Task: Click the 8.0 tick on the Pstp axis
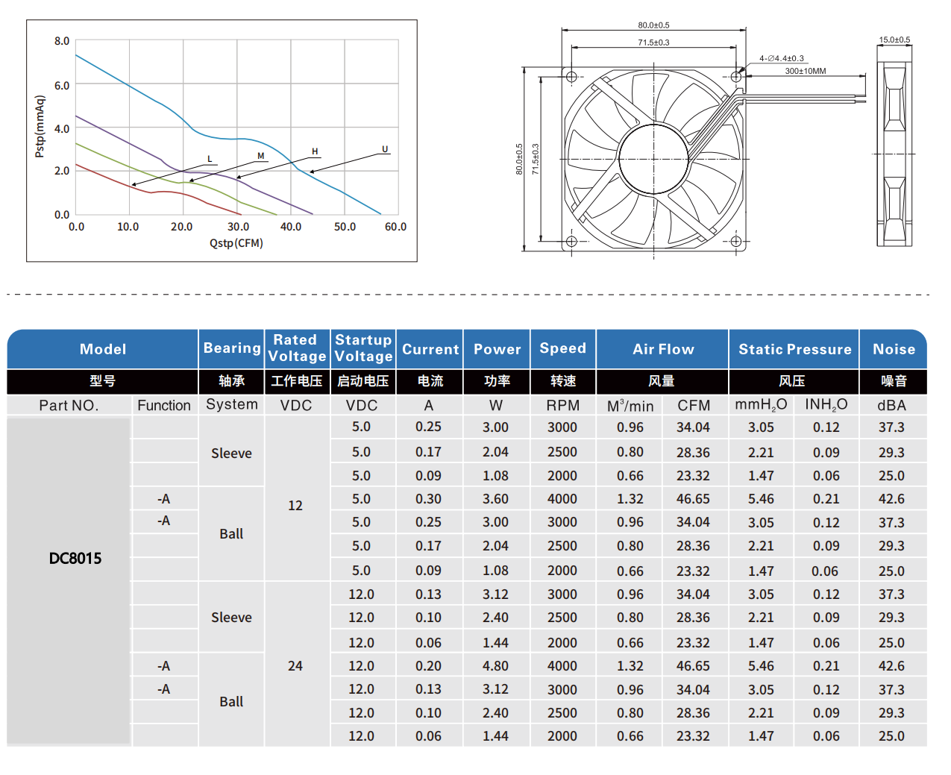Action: click(61, 41)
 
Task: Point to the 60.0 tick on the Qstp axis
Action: click(395, 227)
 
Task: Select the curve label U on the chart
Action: click(385, 149)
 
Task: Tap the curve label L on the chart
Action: click(210, 159)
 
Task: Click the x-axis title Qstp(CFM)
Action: click(236, 243)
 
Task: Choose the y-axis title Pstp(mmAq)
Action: click(40, 126)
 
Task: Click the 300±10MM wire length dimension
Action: click(805, 71)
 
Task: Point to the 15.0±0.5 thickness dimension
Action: click(894, 40)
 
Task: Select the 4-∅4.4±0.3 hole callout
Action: click(782, 58)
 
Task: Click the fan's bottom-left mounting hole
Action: click(571, 241)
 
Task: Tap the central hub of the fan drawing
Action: click(653, 158)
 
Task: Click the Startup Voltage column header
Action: click(362, 348)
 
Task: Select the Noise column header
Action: click(894, 349)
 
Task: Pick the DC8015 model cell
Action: click(75, 559)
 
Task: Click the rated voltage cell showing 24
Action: click(295, 666)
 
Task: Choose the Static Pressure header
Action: click(794, 349)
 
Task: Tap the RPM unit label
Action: click(562, 405)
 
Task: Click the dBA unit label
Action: click(891, 405)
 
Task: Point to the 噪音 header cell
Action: click(894, 381)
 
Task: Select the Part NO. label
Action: click(69, 405)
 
